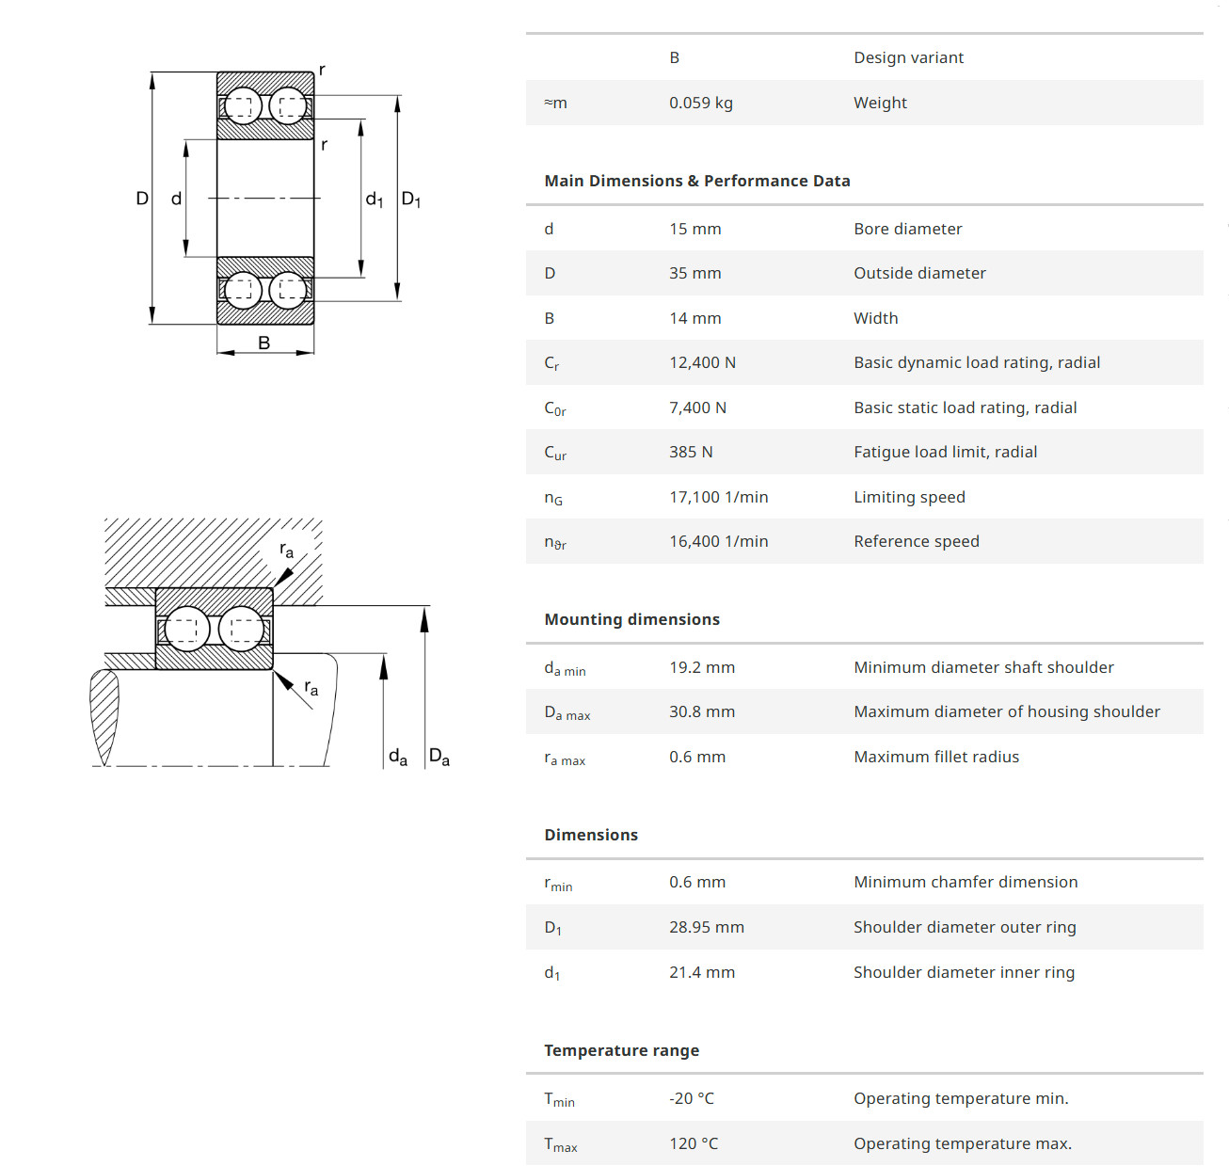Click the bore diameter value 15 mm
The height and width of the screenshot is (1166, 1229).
(694, 229)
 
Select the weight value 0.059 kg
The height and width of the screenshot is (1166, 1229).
(700, 103)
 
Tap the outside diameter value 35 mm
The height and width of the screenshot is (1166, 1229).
(694, 273)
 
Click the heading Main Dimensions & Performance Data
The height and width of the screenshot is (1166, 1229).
(696, 181)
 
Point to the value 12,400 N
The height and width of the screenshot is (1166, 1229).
(702, 362)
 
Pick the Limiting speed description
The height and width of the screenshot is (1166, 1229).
(909, 497)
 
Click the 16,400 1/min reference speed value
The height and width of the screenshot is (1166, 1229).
(718, 541)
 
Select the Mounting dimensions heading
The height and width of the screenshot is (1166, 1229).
(631, 619)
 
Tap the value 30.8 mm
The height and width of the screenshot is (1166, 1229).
(701, 711)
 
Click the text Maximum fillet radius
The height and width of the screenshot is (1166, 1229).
(935, 757)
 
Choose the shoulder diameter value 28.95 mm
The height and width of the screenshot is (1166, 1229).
(706, 927)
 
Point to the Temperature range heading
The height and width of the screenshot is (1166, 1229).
(621, 1050)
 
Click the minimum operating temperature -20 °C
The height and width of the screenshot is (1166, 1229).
(691, 1098)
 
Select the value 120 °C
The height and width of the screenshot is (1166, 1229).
(693, 1143)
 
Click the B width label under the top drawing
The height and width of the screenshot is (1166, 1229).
(264, 343)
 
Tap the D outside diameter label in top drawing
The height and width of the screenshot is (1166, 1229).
(142, 198)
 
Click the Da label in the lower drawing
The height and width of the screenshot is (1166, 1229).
(439, 757)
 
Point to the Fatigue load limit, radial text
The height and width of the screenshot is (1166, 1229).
(945, 452)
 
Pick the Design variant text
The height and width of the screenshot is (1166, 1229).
(908, 57)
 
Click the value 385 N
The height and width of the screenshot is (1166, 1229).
(691, 452)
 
